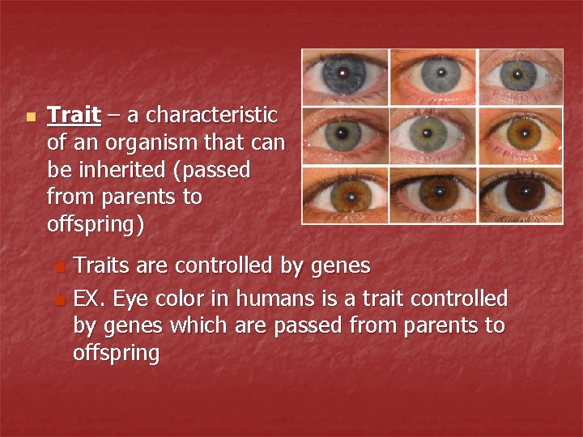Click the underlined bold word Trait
pos(74,116)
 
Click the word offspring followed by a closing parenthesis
pos(96,224)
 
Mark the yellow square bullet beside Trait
pos(31,117)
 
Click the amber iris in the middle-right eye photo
pos(519,133)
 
